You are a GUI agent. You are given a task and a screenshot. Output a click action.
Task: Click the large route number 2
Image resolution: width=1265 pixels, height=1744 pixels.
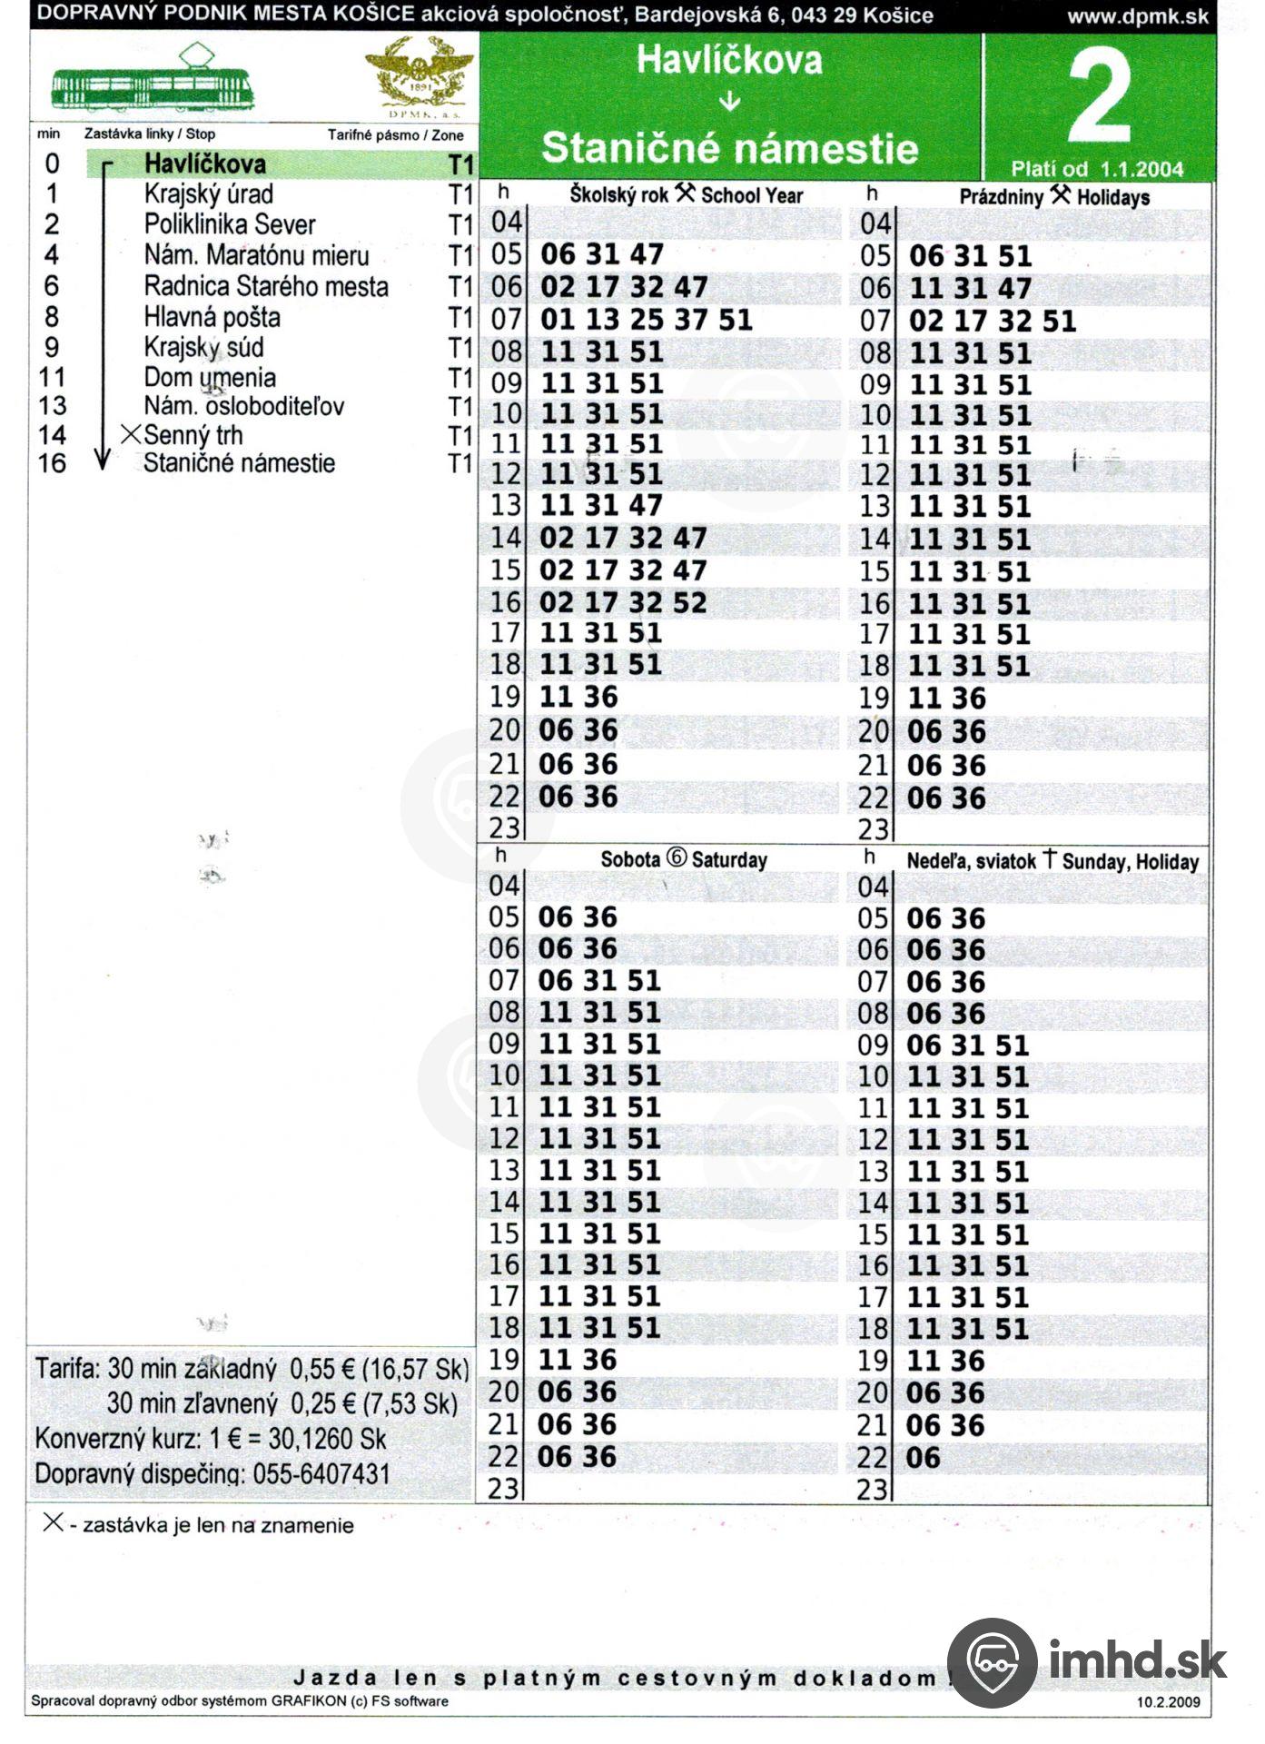click(1100, 96)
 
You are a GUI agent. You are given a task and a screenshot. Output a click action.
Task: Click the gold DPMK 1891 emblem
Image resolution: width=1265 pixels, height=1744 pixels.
click(419, 78)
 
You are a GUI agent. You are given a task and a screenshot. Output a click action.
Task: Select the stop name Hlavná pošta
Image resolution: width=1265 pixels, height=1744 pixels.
click(212, 317)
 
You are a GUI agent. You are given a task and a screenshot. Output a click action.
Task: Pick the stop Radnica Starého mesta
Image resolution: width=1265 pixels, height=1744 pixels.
click(265, 286)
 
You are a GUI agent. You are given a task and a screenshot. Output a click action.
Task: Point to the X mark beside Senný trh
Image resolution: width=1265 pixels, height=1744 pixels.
click(131, 434)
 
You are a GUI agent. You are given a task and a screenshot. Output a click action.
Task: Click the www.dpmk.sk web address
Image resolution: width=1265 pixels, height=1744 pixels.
click(1137, 15)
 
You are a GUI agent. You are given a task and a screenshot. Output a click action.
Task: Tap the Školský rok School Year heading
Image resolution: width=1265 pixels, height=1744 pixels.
click(686, 194)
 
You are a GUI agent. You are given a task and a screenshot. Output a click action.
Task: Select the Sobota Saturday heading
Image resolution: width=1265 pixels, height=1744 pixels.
click(683, 858)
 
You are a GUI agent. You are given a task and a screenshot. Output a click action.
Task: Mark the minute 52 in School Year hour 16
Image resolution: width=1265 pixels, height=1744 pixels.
click(689, 602)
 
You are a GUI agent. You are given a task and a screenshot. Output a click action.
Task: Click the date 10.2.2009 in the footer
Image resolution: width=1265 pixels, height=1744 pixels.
click(1167, 1701)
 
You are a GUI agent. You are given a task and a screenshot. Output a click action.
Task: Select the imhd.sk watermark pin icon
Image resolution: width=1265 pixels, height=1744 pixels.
click(991, 1663)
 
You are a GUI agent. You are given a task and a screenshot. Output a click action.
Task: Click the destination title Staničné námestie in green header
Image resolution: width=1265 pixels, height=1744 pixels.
click(729, 148)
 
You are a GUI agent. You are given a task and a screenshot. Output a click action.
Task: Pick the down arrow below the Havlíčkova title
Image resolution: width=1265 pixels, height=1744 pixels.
click(729, 102)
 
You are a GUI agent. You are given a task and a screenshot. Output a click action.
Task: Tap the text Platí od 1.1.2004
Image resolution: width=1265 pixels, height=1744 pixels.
click(1097, 169)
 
